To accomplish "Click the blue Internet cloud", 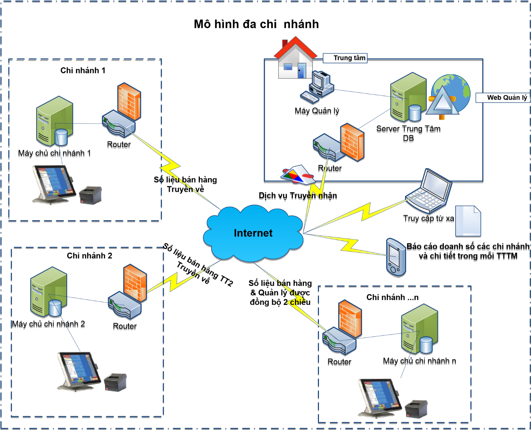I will pyautogui.click(x=253, y=233).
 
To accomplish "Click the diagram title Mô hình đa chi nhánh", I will pyautogui.click(x=256, y=24).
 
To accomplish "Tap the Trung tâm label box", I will pyautogui.click(x=346, y=58).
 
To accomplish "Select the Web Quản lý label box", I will pyautogui.click(x=503, y=97).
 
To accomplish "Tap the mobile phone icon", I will pyautogui.click(x=396, y=257).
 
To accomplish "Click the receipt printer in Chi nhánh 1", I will pyautogui.click(x=90, y=195).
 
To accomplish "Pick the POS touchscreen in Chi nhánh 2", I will pyautogui.click(x=79, y=371).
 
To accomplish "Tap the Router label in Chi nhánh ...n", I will pyautogui.click(x=339, y=362).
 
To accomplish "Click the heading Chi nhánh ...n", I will pyautogui.click(x=392, y=297).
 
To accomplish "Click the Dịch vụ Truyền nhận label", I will pyautogui.click(x=298, y=196).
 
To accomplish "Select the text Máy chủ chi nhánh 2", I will pyautogui.click(x=48, y=324).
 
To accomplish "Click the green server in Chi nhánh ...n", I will pyautogui.click(x=419, y=329).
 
